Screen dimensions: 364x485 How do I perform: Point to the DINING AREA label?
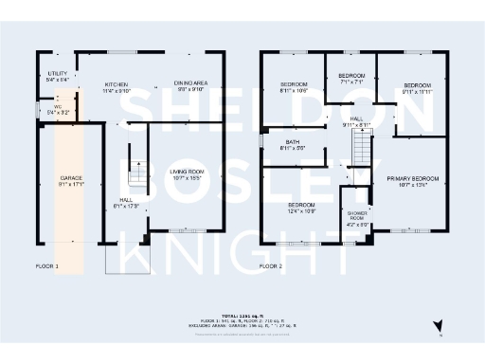pos(192,83)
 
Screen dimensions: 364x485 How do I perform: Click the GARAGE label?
pos(71,177)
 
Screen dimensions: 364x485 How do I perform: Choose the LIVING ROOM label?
pos(188,171)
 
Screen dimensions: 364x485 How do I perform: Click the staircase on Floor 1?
pos(135,175)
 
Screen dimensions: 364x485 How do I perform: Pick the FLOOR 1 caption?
pos(46,267)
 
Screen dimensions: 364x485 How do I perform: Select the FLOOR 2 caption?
pos(272,267)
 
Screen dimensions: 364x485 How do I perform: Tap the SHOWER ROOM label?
pos(355,219)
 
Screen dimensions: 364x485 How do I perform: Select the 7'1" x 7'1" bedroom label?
pos(351,75)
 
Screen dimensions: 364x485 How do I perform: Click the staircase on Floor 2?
pos(359,147)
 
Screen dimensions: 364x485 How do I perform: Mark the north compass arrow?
pos(438,326)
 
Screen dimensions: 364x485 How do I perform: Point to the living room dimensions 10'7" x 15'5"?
pos(188,177)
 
